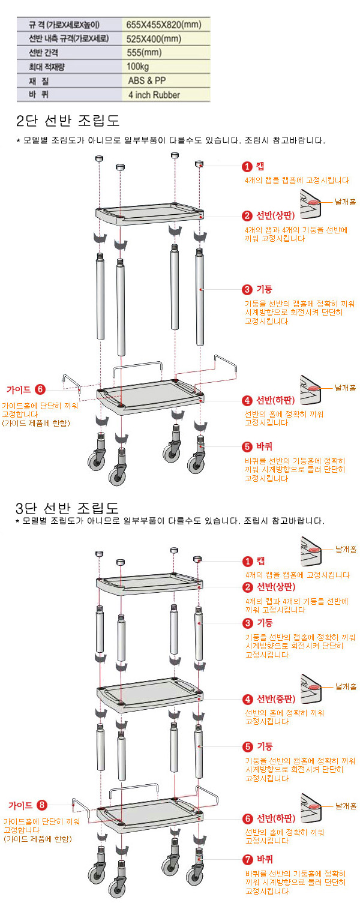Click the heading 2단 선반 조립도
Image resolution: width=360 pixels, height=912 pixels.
pos(68,121)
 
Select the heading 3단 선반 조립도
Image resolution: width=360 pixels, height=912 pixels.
pos(67,508)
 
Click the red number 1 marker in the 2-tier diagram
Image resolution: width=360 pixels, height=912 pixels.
pos(247,167)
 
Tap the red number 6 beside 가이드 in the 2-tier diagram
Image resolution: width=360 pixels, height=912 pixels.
pos(40,389)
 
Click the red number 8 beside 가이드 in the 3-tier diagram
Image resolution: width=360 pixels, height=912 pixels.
pos(42,805)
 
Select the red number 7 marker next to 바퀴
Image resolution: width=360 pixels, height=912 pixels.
pos(248,859)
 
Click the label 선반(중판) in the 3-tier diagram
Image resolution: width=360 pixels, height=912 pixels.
pos(276,699)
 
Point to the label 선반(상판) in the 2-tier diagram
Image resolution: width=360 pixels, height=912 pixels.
pos(275,215)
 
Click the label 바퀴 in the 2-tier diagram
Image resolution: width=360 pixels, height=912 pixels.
pos(264,446)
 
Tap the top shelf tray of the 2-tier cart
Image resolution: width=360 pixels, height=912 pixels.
pos(150,214)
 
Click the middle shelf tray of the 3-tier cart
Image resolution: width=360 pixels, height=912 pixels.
pos(150,695)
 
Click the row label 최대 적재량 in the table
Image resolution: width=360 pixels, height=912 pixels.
pos(46,67)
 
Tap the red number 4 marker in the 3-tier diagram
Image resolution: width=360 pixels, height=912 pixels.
pos(248,700)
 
